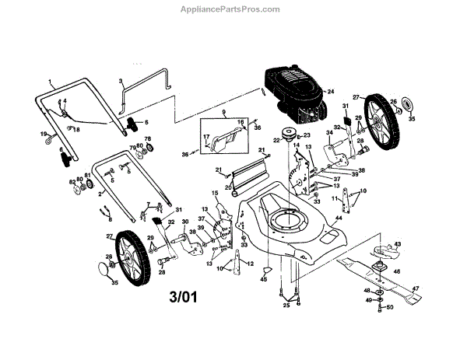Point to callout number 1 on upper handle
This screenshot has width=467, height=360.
[50, 82]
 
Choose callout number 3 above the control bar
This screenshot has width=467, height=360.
[121, 81]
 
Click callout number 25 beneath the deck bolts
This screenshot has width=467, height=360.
[286, 306]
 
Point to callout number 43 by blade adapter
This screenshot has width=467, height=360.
[399, 244]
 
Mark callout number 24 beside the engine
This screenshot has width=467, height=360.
[330, 92]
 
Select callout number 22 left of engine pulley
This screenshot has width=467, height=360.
[276, 140]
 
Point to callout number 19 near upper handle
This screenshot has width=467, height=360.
[44, 135]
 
